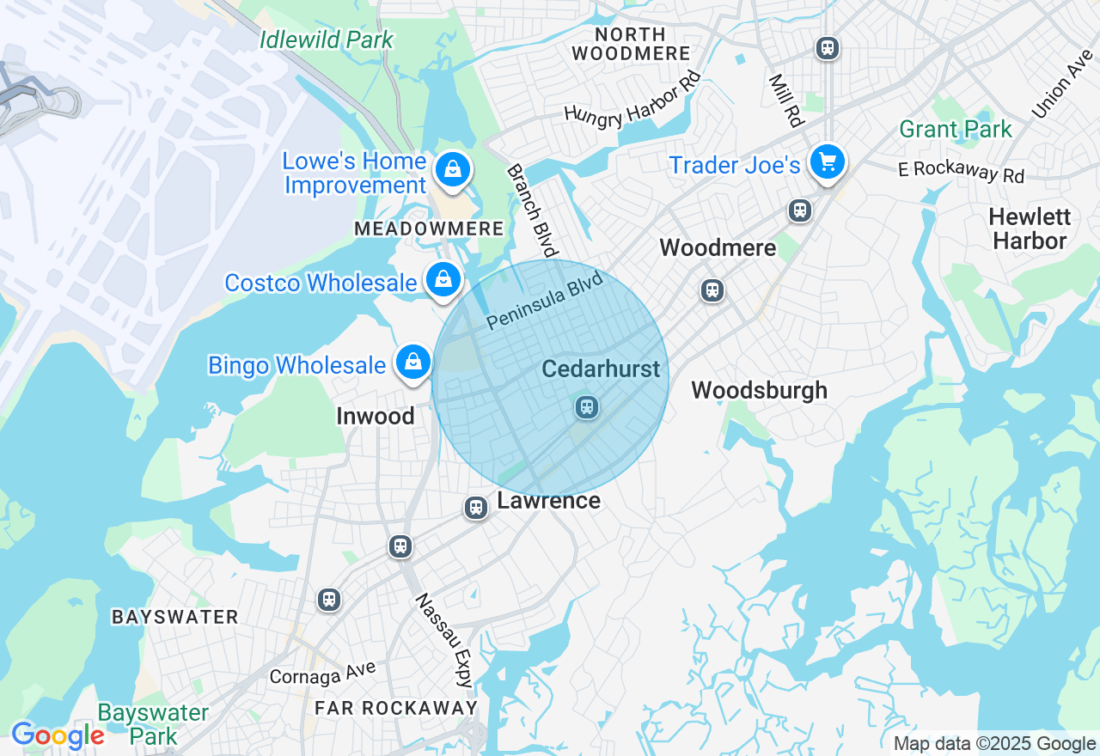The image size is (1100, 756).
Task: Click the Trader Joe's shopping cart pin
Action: [x=828, y=162]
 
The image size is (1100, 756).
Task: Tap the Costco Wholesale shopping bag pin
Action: [x=443, y=279]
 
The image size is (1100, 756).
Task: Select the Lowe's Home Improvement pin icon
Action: [x=452, y=169]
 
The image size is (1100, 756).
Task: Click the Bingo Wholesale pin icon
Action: [x=413, y=362]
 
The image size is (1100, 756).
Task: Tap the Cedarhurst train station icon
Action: [x=587, y=406]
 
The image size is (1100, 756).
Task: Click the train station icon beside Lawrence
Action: [x=476, y=508]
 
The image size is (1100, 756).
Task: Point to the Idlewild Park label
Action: [x=327, y=40]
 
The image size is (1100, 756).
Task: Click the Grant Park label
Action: [x=956, y=130]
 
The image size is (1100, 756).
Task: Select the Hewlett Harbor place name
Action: [x=1029, y=229]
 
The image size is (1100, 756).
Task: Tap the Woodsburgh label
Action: [x=759, y=390]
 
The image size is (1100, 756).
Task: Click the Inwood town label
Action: [x=376, y=416]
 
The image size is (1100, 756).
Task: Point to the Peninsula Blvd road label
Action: [x=545, y=302]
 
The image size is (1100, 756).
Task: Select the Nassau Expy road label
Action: [x=444, y=640]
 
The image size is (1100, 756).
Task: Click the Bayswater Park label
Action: [x=153, y=724]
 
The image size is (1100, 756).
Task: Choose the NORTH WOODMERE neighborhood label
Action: [x=631, y=44]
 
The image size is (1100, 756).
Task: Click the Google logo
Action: [x=58, y=735]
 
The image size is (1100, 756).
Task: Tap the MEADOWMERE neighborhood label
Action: [x=429, y=229]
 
